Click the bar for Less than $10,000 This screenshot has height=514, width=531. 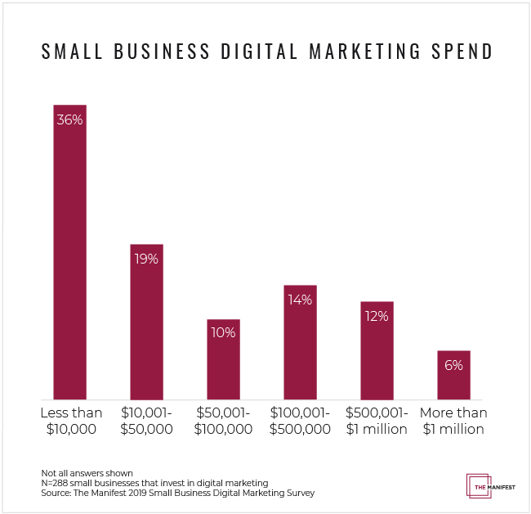pyautogui.click(x=69, y=262)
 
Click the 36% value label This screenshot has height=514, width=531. pyautogui.click(x=69, y=119)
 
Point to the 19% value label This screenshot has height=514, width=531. pyautogui.click(x=147, y=259)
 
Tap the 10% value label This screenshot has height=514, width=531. pyautogui.click(x=223, y=332)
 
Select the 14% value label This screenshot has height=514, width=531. pyautogui.click(x=300, y=300)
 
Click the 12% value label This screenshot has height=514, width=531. pyautogui.click(x=377, y=316)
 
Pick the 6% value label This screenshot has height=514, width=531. pyautogui.click(x=453, y=365)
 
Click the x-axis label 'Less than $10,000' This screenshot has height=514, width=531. pyautogui.click(x=69, y=421)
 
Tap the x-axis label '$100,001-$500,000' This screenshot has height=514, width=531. pyautogui.click(x=300, y=421)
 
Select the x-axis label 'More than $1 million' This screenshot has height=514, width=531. pyautogui.click(x=453, y=421)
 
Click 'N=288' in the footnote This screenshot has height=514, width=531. pyautogui.click(x=56, y=484)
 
